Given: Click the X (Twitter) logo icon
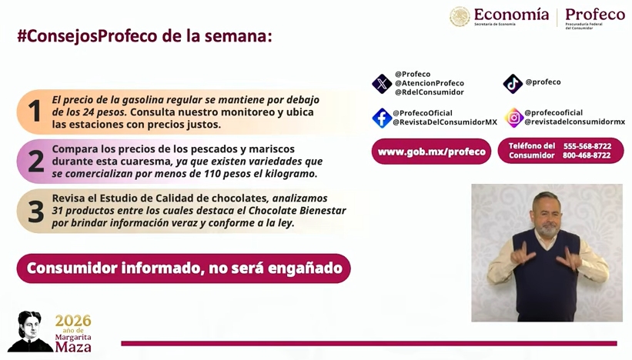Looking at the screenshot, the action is coord(382,84).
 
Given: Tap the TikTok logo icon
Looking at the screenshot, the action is coord(513,84).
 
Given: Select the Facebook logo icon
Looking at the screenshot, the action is coord(382,118).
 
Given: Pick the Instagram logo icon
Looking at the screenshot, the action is coord(514,118).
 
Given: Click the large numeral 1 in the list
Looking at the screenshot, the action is coord(35,111).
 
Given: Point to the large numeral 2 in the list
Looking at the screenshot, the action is coord(36,161).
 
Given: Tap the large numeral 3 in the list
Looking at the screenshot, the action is coord(36,211).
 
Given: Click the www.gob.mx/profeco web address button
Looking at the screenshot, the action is coord(431,152).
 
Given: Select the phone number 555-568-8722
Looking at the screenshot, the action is coord(587,146).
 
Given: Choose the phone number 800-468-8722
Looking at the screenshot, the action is coord(587,155).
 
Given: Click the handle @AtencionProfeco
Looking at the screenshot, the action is coord(430,83).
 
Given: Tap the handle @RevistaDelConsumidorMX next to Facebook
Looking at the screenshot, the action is coord(445,122).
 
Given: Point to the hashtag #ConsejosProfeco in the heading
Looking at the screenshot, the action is coord(87,36).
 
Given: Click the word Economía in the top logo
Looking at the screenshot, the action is coord(511,14).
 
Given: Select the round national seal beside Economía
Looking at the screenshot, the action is coord(460,16).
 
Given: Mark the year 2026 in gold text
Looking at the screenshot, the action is coord(73,321).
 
